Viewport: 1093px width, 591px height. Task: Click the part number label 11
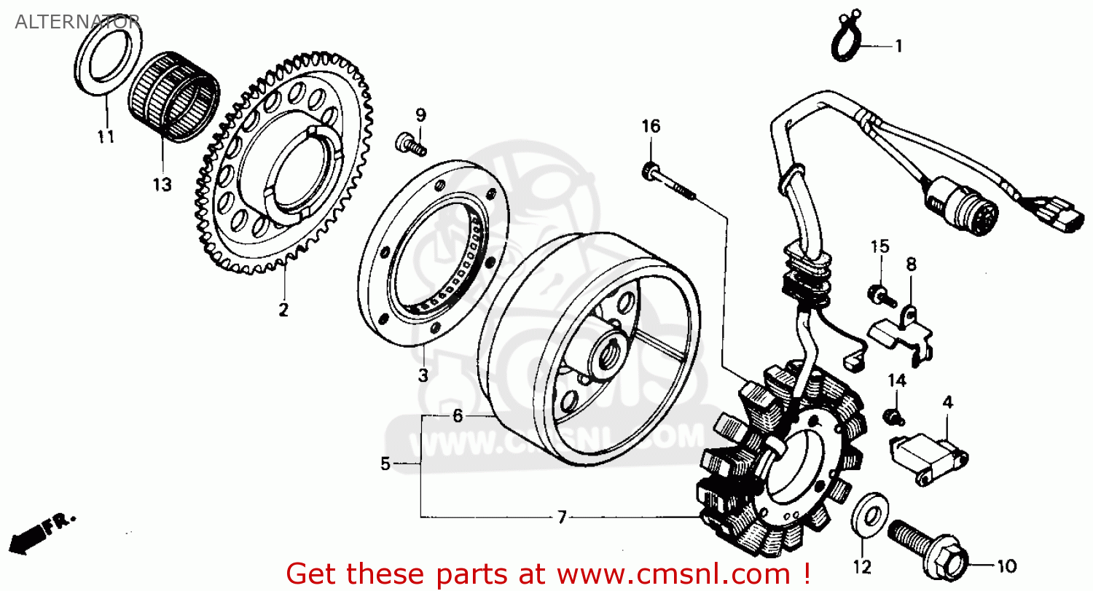point(106,136)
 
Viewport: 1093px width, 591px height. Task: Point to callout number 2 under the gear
point(283,309)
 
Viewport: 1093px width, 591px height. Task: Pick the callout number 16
point(651,127)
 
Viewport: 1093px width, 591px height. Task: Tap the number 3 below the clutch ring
point(423,375)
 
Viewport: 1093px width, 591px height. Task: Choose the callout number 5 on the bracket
point(385,463)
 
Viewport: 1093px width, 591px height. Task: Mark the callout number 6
point(457,416)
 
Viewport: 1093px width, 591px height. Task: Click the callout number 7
point(561,517)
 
